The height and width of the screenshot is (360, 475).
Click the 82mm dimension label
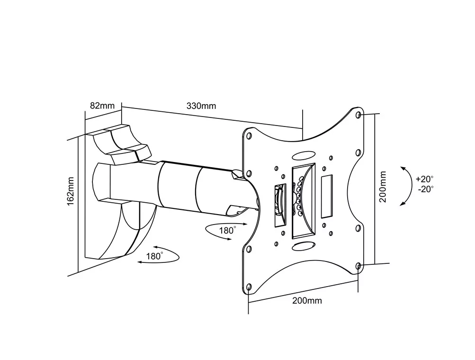point(102,106)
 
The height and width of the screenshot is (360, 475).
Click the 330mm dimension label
point(201,106)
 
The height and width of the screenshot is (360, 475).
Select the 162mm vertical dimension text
point(71,190)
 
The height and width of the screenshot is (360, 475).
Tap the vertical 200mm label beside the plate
point(383,187)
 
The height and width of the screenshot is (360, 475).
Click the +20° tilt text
point(424,179)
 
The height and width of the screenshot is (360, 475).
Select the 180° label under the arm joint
point(227,230)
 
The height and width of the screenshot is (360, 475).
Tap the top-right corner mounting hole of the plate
point(358,115)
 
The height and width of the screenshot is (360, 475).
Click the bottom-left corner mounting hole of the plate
point(249,287)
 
